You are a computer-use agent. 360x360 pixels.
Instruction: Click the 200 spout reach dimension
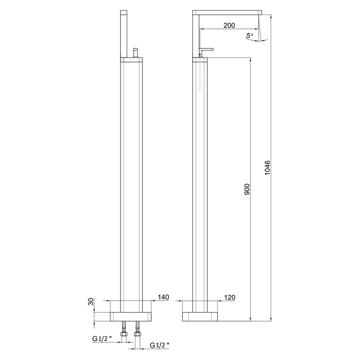click(x=229, y=25)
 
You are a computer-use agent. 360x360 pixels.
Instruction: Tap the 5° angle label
click(x=249, y=36)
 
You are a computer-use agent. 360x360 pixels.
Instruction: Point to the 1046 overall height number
click(x=268, y=168)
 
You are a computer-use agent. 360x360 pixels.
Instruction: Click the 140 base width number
click(x=163, y=298)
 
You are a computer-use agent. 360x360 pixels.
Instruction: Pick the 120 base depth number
click(x=229, y=298)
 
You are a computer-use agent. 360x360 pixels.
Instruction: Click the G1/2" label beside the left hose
click(x=103, y=338)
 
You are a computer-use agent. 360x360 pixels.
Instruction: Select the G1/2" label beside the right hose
click(x=159, y=345)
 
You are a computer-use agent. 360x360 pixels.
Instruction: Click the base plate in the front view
click(x=132, y=316)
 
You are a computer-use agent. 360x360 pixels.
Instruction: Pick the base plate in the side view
click(x=201, y=316)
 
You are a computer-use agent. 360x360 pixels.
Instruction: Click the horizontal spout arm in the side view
click(x=228, y=12)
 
